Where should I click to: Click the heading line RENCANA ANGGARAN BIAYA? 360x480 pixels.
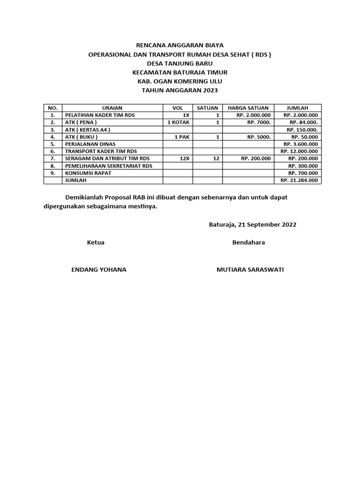coord(180,45)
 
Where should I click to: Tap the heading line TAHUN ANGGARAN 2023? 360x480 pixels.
coord(180,90)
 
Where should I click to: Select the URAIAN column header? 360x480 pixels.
coord(112,108)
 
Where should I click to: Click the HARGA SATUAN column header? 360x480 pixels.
coord(248,108)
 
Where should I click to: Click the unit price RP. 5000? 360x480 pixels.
coord(259,137)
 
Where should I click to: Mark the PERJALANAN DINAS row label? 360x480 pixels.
coord(90,144)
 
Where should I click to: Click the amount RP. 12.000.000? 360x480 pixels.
coord(299,151)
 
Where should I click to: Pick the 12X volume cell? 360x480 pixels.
coord(184,158)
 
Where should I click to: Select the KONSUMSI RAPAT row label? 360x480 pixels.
coord(88,173)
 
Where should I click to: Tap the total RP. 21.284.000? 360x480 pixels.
coord(299,180)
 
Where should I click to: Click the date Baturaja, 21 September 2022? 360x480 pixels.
coord(252,225)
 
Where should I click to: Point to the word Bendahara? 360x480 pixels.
coord(248,242)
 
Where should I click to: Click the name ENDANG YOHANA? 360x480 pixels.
coord(98,270)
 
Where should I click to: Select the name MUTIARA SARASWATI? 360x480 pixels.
coord(250,270)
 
